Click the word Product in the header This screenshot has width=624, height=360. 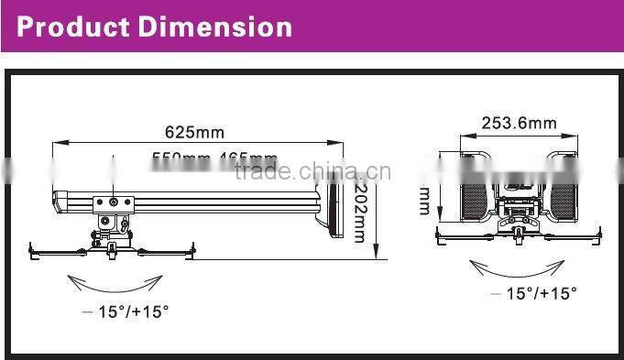click(73, 26)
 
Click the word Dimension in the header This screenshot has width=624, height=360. click(215, 26)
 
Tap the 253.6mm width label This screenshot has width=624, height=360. click(520, 123)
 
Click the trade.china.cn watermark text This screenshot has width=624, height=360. click(312, 171)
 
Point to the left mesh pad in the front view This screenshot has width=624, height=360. click(474, 194)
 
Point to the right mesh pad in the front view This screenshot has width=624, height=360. click(564, 194)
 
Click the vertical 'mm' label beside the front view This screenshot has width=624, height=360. click(424, 201)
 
